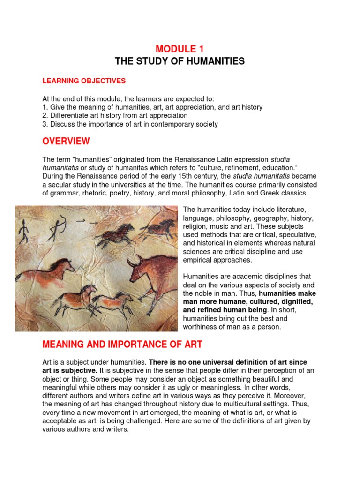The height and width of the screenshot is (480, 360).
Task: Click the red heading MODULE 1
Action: click(180, 49)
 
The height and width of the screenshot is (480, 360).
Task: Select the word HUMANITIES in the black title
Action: click(214, 61)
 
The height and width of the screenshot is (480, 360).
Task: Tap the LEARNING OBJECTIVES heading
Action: click(84, 81)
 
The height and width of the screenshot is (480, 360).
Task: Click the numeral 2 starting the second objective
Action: click(44, 115)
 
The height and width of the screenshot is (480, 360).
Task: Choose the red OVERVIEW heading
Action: click(66, 142)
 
